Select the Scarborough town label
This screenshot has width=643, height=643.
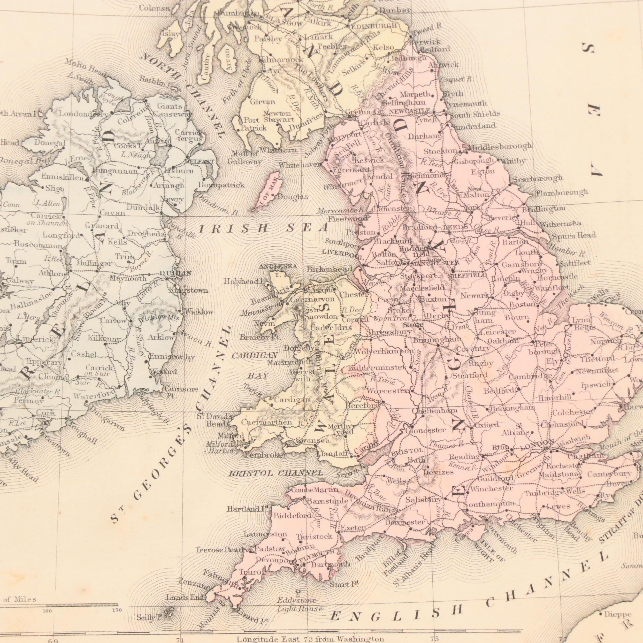tap(537, 179)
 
